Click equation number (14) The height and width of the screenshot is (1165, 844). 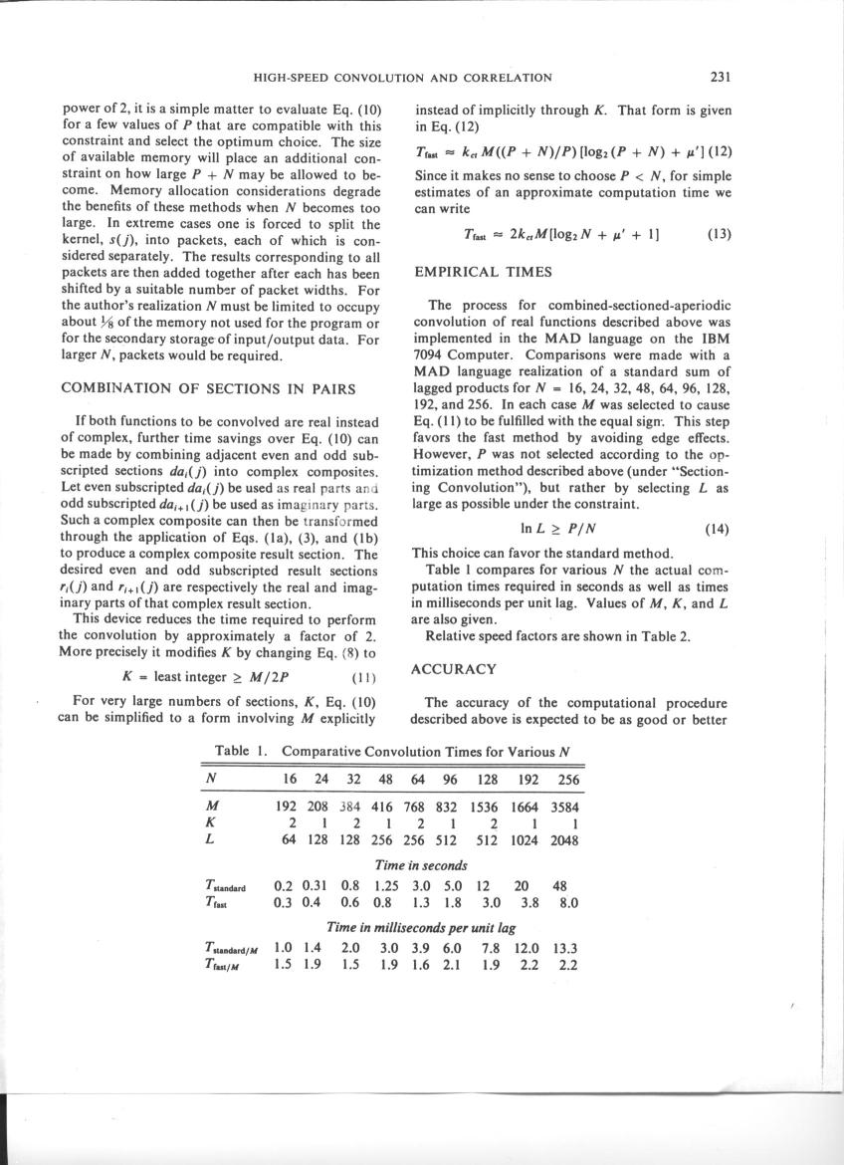coord(718,529)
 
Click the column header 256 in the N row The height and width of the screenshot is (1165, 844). coord(566,777)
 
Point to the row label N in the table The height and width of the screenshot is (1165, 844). coord(210,777)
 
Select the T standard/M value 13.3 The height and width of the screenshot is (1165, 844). coord(565,946)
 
